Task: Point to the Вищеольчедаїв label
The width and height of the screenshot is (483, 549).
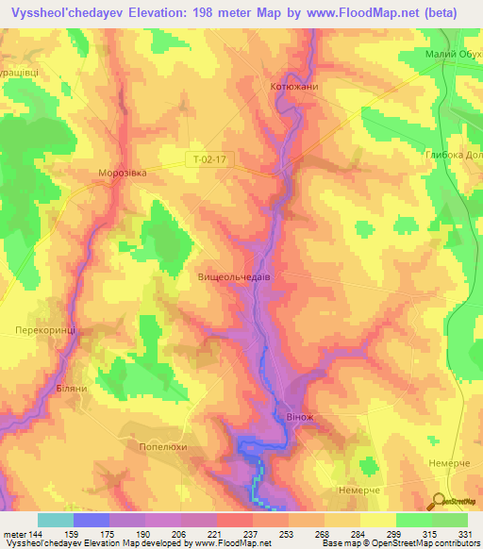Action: pyautogui.click(x=235, y=278)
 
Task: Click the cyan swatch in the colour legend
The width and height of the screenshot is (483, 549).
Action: pyautogui.click(x=55, y=520)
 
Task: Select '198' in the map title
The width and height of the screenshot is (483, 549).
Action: pyautogui.click(x=220, y=12)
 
